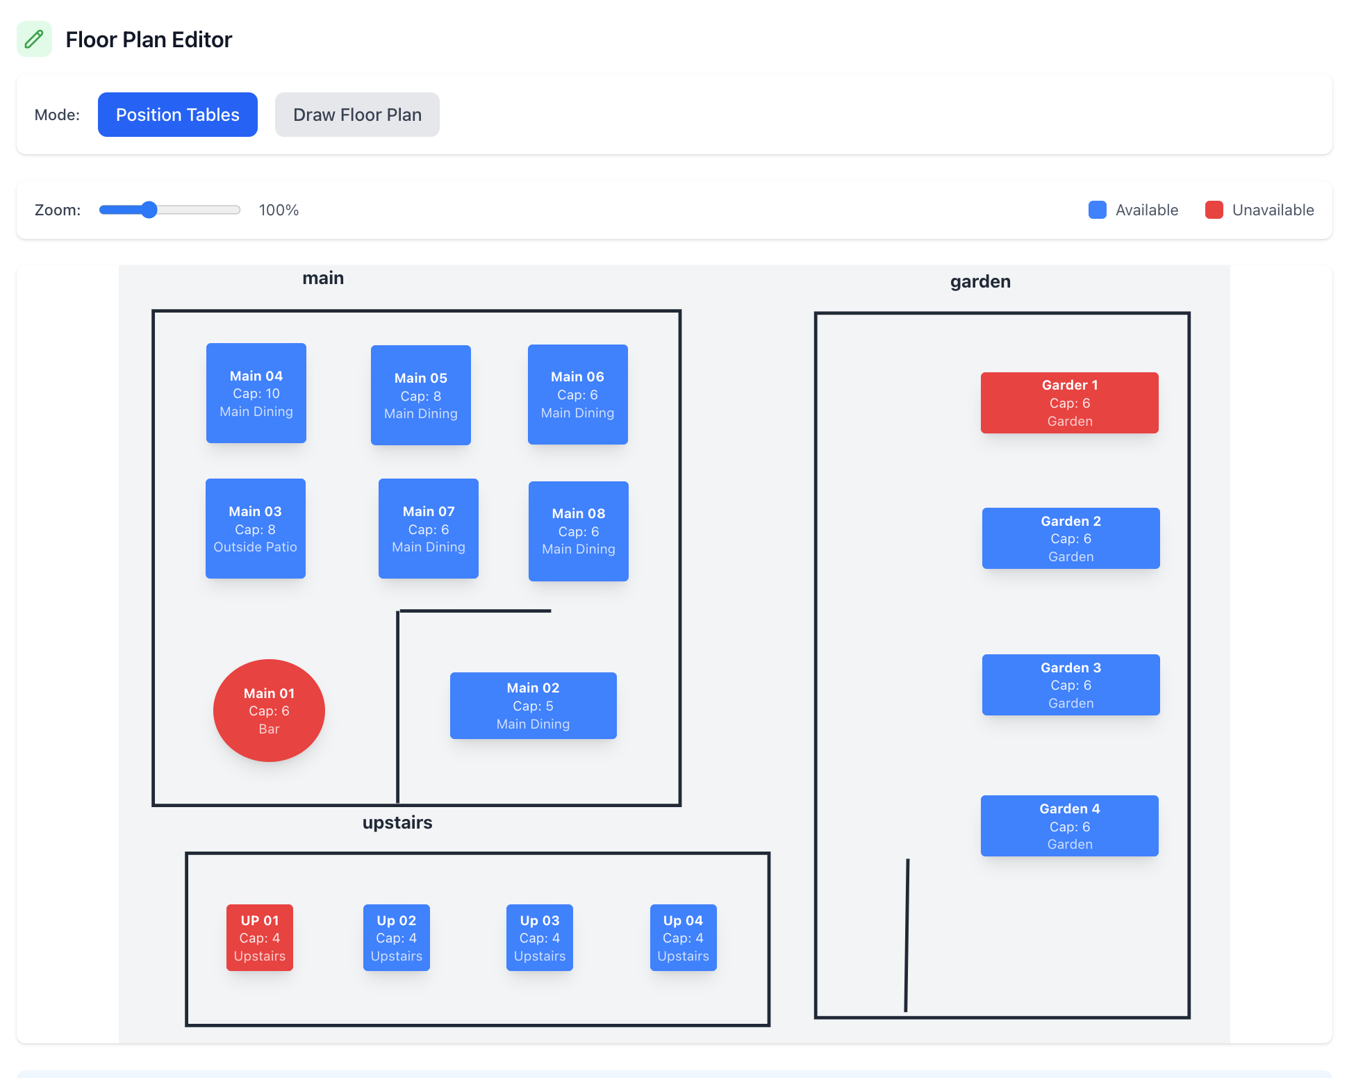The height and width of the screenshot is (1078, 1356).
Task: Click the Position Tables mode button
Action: click(x=177, y=115)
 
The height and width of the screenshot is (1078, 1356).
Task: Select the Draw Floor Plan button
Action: click(x=357, y=115)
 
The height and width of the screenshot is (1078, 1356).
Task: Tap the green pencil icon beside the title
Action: click(x=34, y=39)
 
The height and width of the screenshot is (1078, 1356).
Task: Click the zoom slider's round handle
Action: click(x=149, y=210)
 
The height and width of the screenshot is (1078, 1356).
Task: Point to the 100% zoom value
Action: click(x=279, y=210)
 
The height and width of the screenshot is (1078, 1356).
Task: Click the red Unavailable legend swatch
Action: click(x=1214, y=210)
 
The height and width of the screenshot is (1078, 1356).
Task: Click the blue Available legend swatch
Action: click(x=1097, y=210)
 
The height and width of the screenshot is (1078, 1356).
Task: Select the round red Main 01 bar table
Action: click(x=269, y=711)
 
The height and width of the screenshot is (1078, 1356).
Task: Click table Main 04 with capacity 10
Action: click(x=256, y=393)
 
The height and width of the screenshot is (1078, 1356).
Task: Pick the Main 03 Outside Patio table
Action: click(x=256, y=529)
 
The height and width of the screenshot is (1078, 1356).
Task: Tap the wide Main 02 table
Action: click(x=533, y=706)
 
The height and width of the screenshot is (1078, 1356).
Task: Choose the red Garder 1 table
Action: click(x=1069, y=403)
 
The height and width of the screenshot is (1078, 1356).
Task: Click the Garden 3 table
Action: click(x=1070, y=685)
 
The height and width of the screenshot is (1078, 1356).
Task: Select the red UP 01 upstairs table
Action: click(x=260, y=938)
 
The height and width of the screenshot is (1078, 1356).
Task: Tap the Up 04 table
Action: click(x=683, y=938)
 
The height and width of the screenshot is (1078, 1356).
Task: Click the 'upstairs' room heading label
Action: click(x=397, y=822)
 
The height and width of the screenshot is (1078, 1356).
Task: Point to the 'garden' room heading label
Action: click(x=980, y=281)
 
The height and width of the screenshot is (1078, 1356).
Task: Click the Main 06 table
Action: click(x=577, y=395)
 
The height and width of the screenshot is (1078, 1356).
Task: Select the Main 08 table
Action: click(x=578, y=531)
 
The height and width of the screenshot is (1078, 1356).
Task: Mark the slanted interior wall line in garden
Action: click(x=907, y=935)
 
